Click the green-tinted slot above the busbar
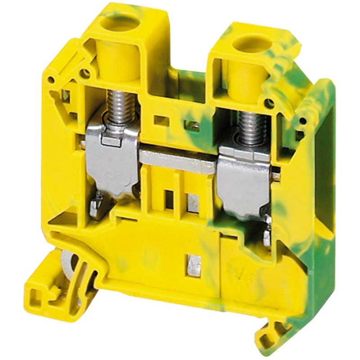(193, 126)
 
